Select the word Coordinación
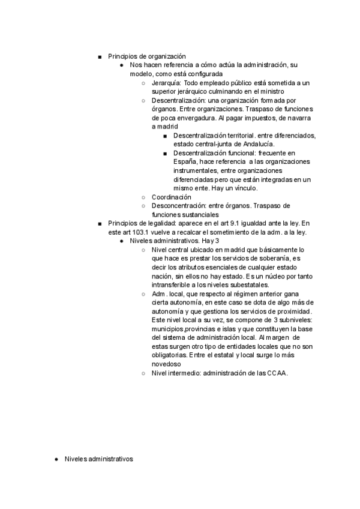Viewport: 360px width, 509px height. pyautogui.click(x=172, y=197)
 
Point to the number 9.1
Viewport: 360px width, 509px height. pyautogui.click(x=254, y=223)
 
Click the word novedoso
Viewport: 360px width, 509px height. pyautogui.click(x=169, y=364)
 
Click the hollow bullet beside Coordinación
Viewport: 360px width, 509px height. pyautogui.click(x=143, y=197)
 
